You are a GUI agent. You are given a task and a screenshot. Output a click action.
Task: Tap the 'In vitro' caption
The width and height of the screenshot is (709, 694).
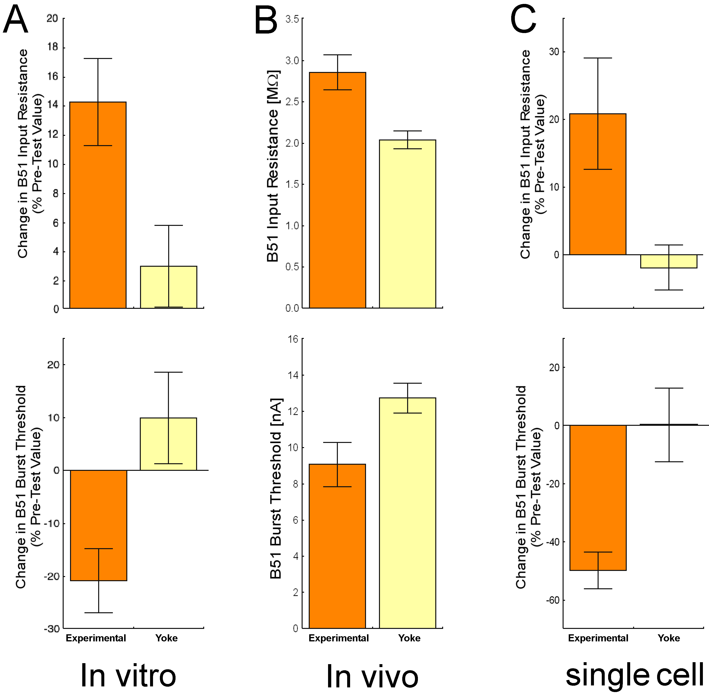[128, 675]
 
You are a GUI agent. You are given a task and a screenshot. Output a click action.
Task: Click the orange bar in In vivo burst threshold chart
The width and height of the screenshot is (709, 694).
[337, 547]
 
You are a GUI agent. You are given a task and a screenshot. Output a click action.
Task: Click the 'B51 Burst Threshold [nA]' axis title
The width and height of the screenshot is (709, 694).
[276, 489]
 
